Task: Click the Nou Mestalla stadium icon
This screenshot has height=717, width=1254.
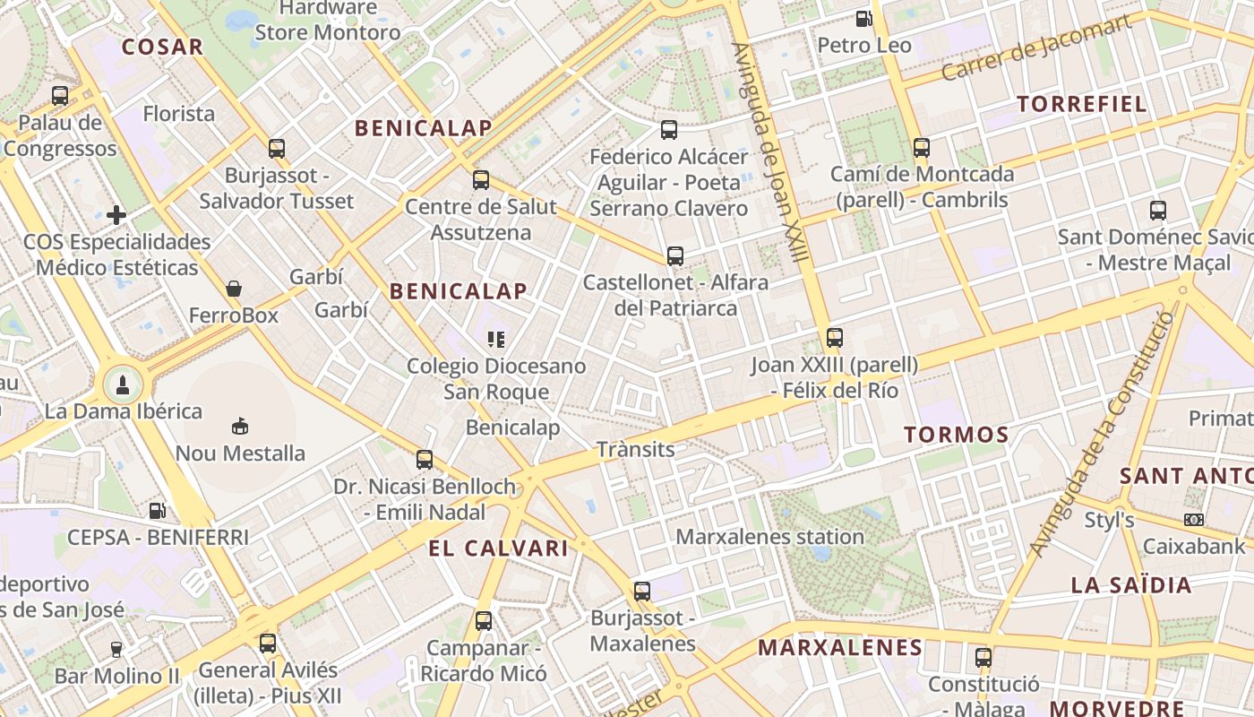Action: (240, 426)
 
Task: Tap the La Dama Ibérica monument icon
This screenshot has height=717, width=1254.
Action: (122, 385)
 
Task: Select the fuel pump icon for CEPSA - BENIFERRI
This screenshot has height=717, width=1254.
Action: (158, 511)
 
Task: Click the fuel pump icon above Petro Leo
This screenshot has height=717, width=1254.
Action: (863, 18)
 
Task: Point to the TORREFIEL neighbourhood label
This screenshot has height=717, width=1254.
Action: (1082, 104)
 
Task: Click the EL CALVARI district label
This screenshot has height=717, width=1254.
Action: (498, 549)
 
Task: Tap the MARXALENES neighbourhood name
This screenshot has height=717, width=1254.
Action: (839, 647)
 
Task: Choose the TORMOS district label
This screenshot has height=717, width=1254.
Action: (956, 436)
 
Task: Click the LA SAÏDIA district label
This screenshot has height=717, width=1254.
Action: (1131, 586)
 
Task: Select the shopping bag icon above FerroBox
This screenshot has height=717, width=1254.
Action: (234, 289)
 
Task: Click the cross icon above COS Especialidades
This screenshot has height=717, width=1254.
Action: (116, 215)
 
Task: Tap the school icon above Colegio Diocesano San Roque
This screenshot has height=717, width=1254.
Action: (495, 339)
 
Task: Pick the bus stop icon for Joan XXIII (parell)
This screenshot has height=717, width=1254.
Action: (835, 338)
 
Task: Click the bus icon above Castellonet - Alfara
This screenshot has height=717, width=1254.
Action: (675, 256)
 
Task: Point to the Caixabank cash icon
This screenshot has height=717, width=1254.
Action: (1194, 520)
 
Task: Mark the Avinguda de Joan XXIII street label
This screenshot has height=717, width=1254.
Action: (770, 152)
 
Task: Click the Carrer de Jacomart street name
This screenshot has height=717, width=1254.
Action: (1035, 49)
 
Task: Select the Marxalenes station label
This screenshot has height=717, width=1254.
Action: (769, 537)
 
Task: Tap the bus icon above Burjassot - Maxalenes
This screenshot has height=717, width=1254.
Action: (642, 592)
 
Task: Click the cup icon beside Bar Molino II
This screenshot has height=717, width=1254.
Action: (116, 650)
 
